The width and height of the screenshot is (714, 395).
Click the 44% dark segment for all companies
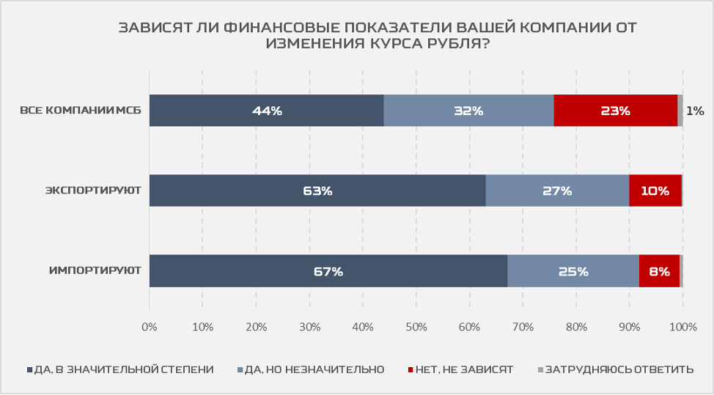[266, 111]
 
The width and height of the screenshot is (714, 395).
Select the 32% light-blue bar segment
[468, 111]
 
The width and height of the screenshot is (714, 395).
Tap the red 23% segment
[615, 111]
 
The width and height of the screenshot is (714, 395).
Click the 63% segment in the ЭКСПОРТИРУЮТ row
[317, 191]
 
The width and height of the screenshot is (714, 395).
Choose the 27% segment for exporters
[557, 191]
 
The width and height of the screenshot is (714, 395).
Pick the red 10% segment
[655, 191]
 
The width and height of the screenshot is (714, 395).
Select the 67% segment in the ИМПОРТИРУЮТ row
[328, 270]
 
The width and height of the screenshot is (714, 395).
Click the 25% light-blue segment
[573, 270]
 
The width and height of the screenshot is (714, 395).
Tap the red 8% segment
[659, 270]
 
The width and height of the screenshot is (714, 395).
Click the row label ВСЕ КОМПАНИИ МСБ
[81, 111]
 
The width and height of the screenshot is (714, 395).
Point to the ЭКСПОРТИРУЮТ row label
[93, 191]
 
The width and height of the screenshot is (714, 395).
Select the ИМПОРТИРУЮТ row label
[95, 271]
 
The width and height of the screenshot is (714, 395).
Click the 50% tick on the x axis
[416, 325]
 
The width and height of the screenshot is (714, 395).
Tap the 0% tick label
[150, 325]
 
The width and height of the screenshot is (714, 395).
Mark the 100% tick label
[682, 325]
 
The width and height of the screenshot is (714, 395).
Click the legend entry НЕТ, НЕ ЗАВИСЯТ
[463, 369]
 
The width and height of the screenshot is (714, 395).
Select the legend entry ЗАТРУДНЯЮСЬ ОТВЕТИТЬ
[619, 369]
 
